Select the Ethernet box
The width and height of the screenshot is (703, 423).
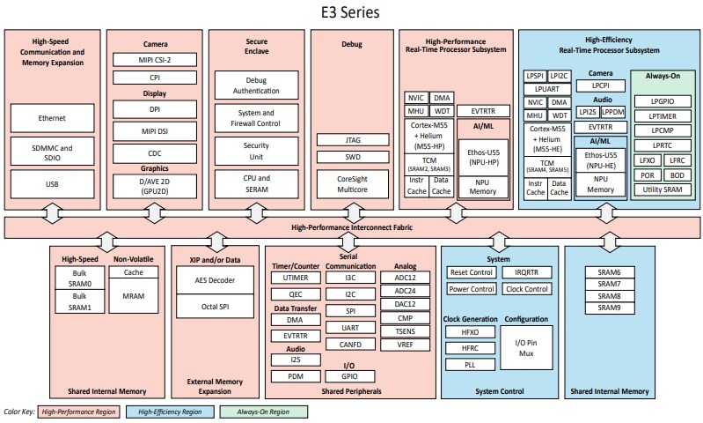pyautogui.click(x=53, y=117)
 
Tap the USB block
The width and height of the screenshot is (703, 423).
pyautogui.click(x=53, y=184)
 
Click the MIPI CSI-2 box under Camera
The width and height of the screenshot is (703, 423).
pyautogui.click(x=155, y=59)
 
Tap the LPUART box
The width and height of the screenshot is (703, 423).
pyautogui.click(x=546, y=89)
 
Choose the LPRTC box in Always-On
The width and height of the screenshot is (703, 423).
pyautogui.click(x=662, y=145)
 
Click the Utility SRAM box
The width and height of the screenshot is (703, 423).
pyautogui.click(x=662, y=190)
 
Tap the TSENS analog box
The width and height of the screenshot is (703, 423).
pyautogui.click(x=405, y=331)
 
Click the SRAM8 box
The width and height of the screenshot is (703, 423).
pyautogui.click(x=610, y=295)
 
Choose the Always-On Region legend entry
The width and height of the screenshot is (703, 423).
pyautogui.click(x=264, y=412)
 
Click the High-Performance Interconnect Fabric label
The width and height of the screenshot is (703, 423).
pyautogui.click(x=350, y=226)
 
